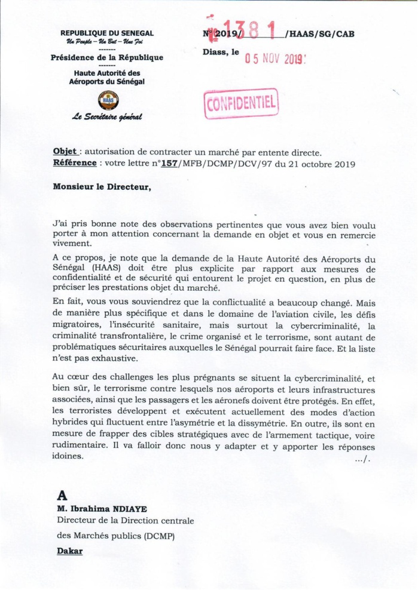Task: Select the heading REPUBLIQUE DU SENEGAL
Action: click(107, 33)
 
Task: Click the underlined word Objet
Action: click(65, 152)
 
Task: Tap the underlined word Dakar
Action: click(69, 550)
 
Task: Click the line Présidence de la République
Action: click(107, 57)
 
